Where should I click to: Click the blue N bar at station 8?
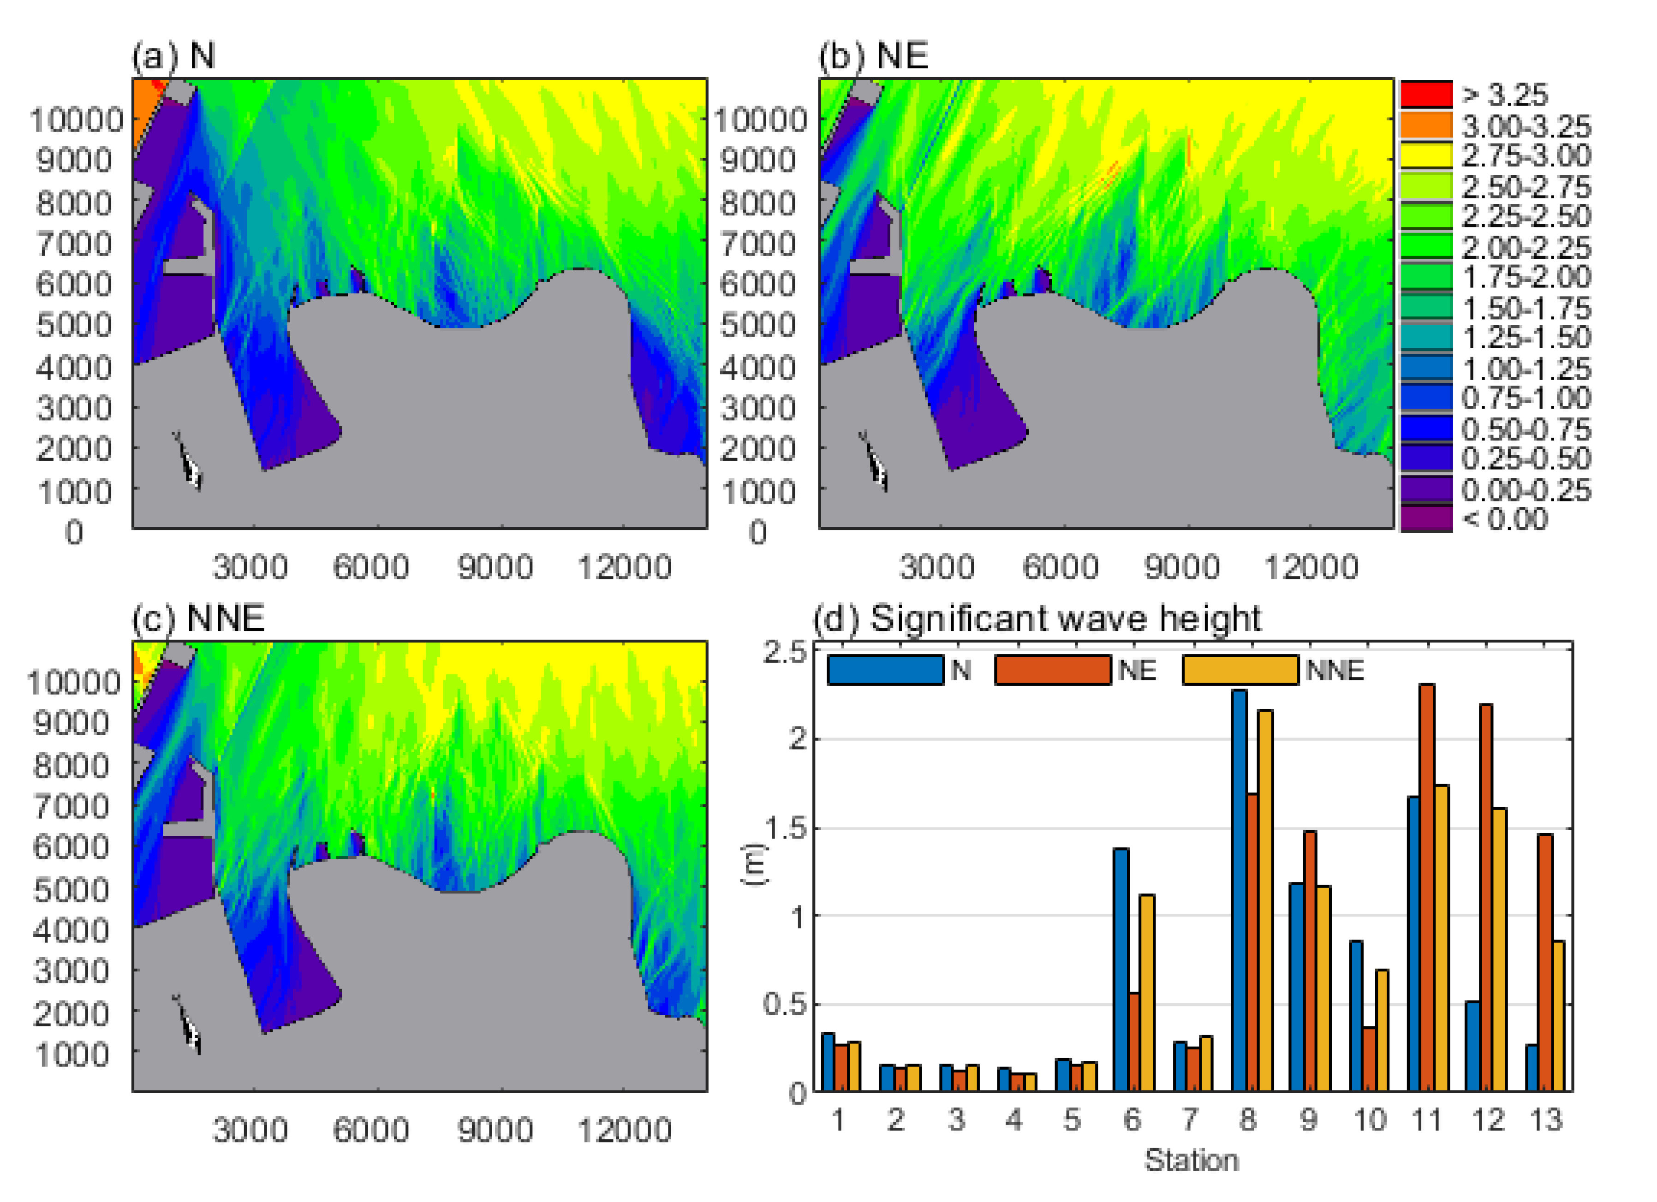point(1239,892)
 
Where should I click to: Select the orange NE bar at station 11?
point(1426,888)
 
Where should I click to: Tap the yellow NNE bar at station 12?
point(1498,950)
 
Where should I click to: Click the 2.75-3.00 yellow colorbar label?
point(1526,155)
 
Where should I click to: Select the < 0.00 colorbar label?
point(1506,519)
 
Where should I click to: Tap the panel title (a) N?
point(174,55)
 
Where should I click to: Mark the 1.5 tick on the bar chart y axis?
point(786,828)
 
